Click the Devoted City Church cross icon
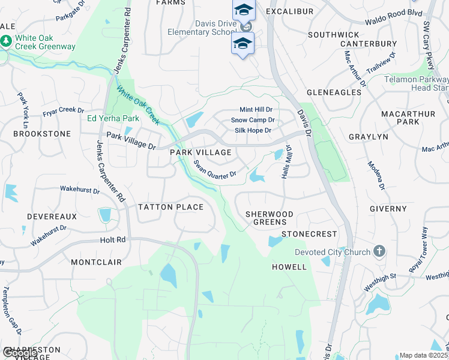(379, 251)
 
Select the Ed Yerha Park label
(113, 118)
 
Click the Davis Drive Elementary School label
(207, 28)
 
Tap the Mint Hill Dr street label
(256, 110)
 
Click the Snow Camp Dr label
(252, 120)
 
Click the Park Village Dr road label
(131, 141)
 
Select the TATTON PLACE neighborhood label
(170, 207)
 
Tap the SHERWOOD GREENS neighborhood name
(270, 218)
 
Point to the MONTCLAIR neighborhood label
(96, 262)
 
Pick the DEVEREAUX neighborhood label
(52, 216)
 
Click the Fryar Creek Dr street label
(63, 112)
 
